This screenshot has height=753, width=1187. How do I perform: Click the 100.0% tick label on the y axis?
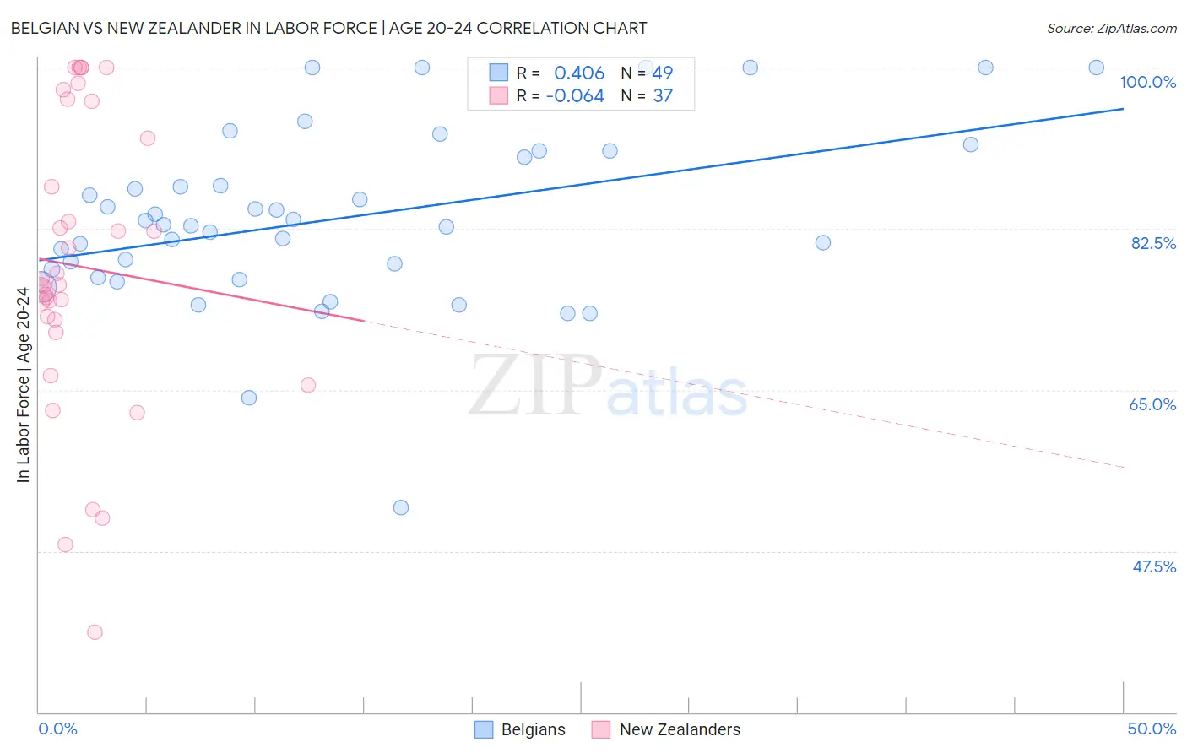pyautogui.click(x=1147, y=82)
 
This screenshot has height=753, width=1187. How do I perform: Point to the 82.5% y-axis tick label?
pyautogui.click(x=1153, y=243)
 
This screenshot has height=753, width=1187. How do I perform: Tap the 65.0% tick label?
pyautogui.click(x=1152, y=404)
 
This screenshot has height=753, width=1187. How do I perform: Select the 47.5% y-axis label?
pyautogui.click(x=1153, y=566)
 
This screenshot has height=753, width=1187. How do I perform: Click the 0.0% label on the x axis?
pyautogui.click(x=57, y=729)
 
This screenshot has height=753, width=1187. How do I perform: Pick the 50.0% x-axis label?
pyautogui.click(x=1152, y=729)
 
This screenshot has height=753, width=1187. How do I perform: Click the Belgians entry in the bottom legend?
pyautogui.click(x=520, y=729)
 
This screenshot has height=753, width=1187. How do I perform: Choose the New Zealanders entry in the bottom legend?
pyautogui.click(x=666, y=729)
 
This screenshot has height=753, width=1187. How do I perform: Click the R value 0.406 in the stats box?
pyautogui.click(x=579, y=73)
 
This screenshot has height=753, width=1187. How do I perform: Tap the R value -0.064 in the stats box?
pyautogui.click(x=575, y=96)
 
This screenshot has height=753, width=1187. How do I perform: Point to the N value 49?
pyautogui.click(x=662, y=73)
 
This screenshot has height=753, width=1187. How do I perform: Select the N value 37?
pyautogui.click(x=663, y=96)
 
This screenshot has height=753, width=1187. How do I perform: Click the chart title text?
pyautogui.click(x=328, y=28)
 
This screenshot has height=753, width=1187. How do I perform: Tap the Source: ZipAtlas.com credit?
pyautogui.click(x=1111, y=29)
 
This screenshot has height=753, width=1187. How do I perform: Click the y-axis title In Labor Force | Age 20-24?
pyautogui.click(x=23, y=385)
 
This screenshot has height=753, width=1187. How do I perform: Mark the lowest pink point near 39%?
pyautogui.click(x=95, y=632)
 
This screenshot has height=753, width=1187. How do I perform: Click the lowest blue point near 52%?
pyautogui.click(x=401, y=507)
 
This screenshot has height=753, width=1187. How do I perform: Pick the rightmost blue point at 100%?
pyautogui.click(x=1096, y=68)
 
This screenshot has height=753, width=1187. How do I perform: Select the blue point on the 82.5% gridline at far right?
pyautogui.click(x=823, y=242)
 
